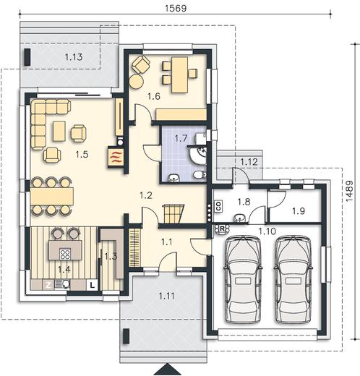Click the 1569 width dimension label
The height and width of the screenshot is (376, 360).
tap(176, 8)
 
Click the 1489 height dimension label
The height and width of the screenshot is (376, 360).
tap(349, 191)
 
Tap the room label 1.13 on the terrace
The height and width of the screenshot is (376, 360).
tap(74, 57)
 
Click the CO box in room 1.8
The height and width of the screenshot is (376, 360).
tap(218, 206)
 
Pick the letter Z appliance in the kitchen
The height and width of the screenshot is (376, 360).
tap(48, 285)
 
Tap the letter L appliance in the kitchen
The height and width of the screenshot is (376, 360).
tap(92, 285)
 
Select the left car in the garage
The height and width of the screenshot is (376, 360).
tap(243, 279)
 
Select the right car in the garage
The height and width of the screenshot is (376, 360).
tap(293, 279)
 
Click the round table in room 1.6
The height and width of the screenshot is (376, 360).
tap(137, 82)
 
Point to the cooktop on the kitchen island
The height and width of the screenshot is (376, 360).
tap(65, 254)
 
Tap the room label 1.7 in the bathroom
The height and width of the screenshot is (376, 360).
tap(181, 139)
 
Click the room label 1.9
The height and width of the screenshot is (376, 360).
tap(299, 211)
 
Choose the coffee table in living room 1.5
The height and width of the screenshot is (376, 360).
tap(59, 131)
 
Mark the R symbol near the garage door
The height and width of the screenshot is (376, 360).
tap(222, 228)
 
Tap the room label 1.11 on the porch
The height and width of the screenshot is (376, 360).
tap(166, 296)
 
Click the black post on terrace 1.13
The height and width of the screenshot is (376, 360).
tap(27, 57)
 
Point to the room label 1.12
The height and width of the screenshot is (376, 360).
tap(249, 162)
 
